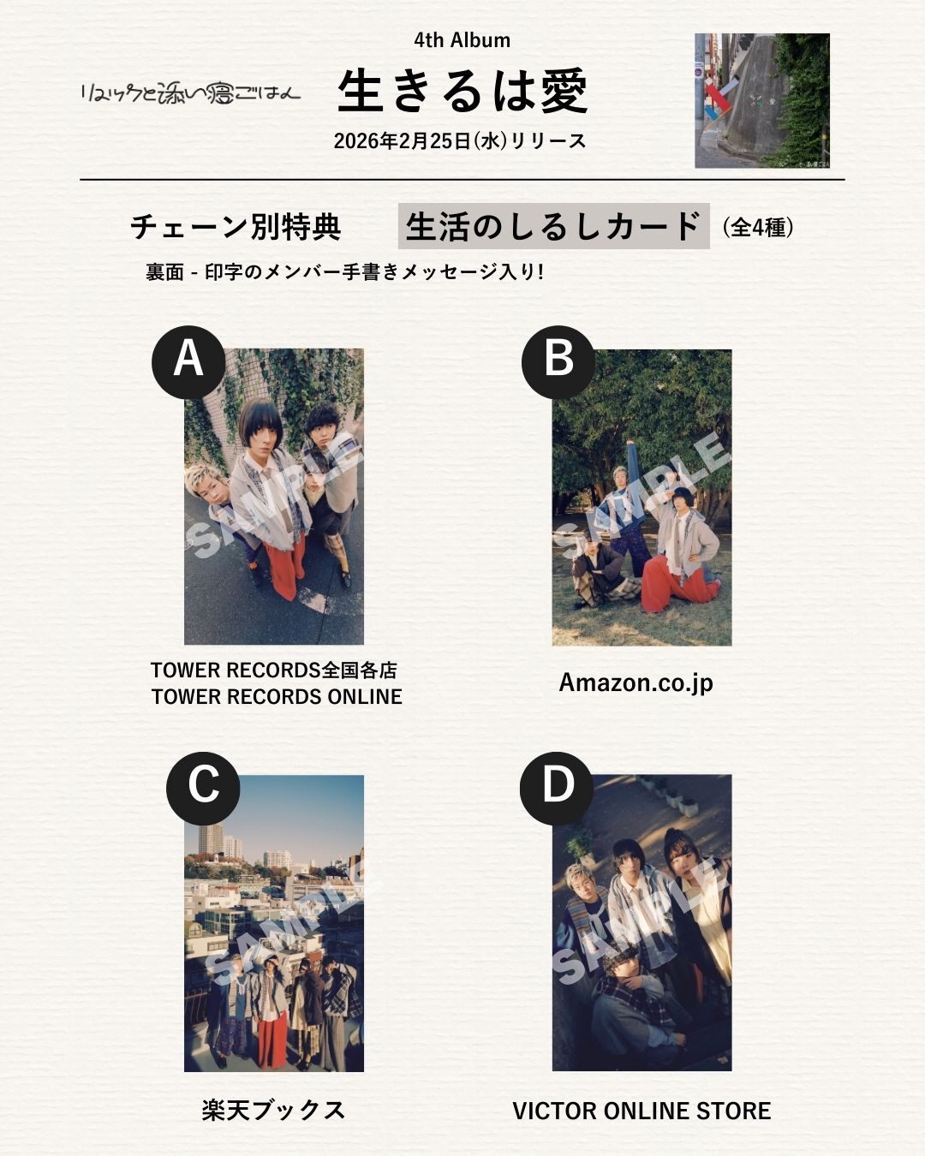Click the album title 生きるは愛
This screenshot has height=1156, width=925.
click(462, 91)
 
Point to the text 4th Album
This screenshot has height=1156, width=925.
click(462, 40)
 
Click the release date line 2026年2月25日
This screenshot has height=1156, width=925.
click(460, 141)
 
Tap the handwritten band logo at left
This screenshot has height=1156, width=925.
click(190, 92)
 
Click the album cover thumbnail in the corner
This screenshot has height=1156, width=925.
click(761, 100)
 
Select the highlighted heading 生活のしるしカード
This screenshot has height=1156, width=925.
click(553, 226)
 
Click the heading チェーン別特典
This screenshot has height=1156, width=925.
click(236, 227)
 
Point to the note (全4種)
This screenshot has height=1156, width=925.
click(758, 227)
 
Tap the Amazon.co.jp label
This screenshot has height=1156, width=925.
click(636, 682)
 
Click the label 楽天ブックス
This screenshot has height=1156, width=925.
click(274, 1110)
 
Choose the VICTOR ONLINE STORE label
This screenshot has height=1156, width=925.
click(642, 1111)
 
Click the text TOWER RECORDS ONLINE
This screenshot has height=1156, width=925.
click(277, 697)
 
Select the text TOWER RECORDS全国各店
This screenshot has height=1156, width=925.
click(274, 670)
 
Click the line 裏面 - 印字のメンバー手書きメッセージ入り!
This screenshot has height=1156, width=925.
click(344, 272)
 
